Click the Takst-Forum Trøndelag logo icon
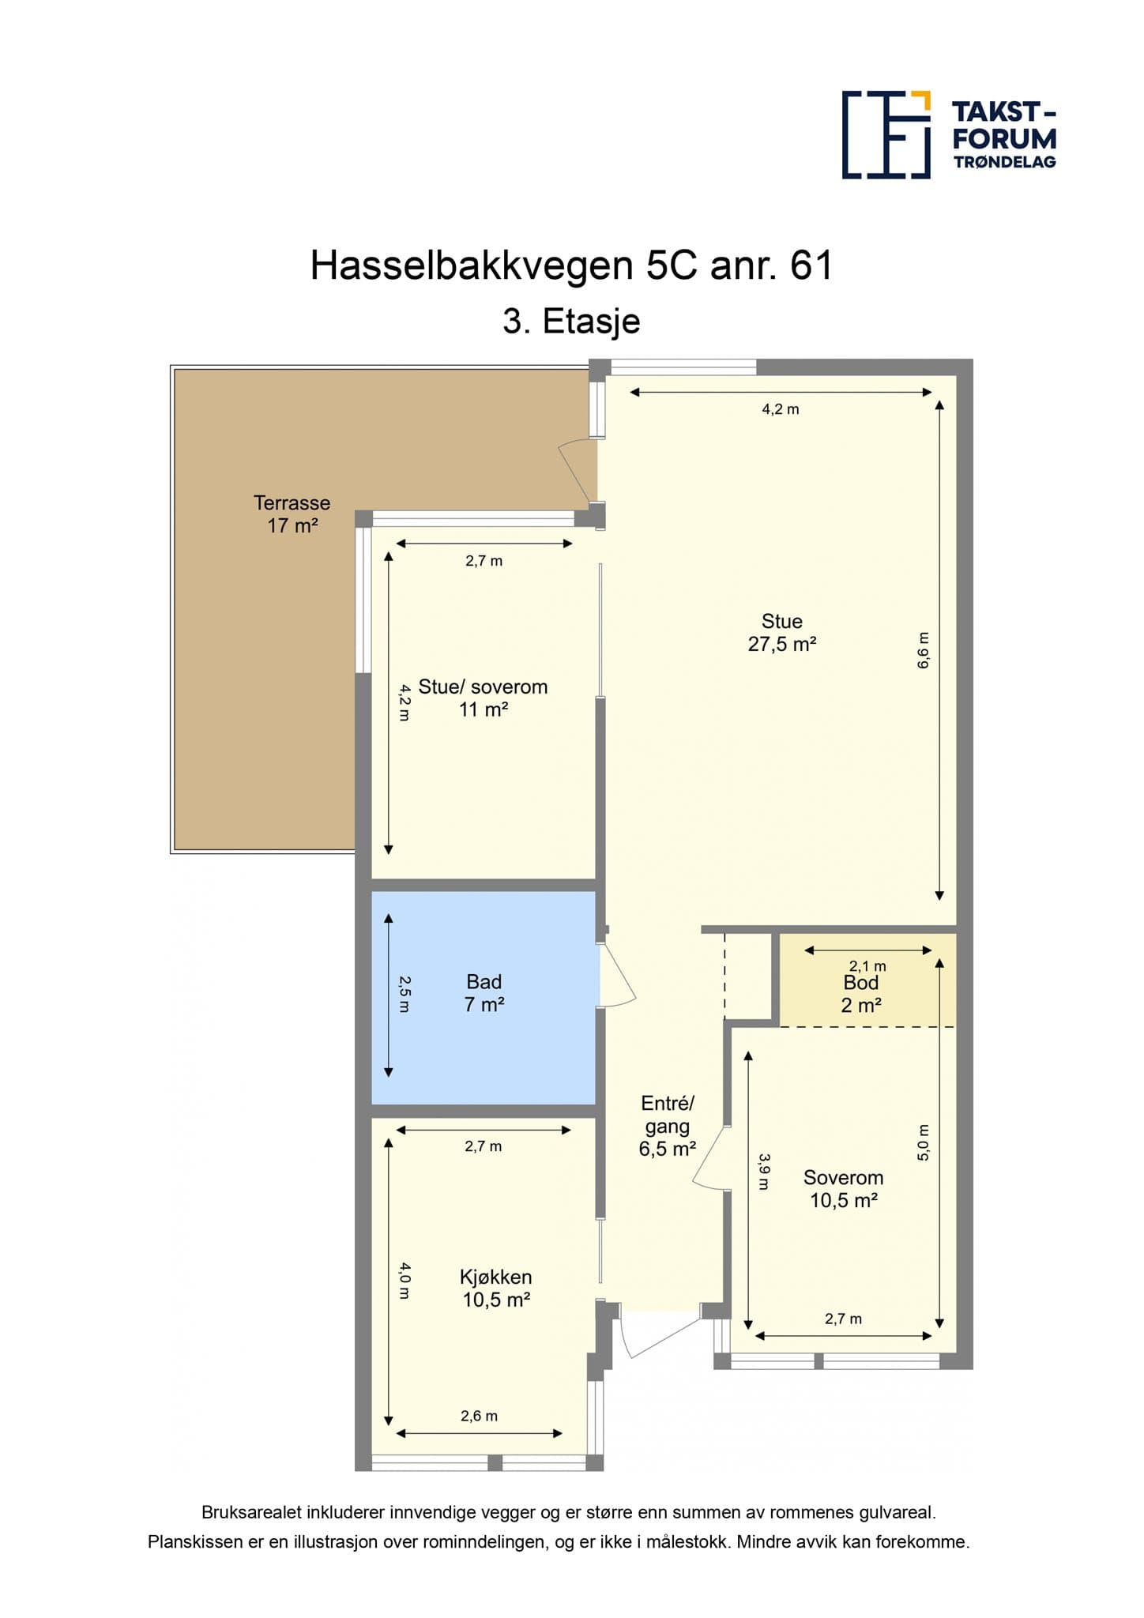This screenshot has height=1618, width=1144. tap(886, 134)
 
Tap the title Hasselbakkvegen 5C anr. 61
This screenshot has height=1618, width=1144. tap(571, 265)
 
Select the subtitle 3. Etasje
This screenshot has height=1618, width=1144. tap(571, 322)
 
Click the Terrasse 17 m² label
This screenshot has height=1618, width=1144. tap(292, 514)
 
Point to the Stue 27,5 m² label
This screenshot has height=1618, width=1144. tap(782, 633)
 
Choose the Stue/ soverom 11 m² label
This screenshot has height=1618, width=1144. tap(483, 698)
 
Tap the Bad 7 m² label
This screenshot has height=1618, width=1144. tap(484, 993)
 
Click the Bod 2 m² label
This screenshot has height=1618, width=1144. tap(861, 994)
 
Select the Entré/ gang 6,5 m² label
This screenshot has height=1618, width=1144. tap(668, 1126)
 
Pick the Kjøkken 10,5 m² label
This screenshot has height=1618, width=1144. tap(496, 1288)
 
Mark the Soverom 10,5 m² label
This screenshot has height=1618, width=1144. tap(844, 1188)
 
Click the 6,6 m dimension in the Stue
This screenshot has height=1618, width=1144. tap(924, 651)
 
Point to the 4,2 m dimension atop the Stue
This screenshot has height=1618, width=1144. tap(781, 409)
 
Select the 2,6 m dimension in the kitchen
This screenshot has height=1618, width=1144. tap(480, 1416)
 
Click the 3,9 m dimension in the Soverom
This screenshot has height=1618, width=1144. tap(764, 1172)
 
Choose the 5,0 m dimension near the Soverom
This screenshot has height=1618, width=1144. tap(924, 1142)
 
